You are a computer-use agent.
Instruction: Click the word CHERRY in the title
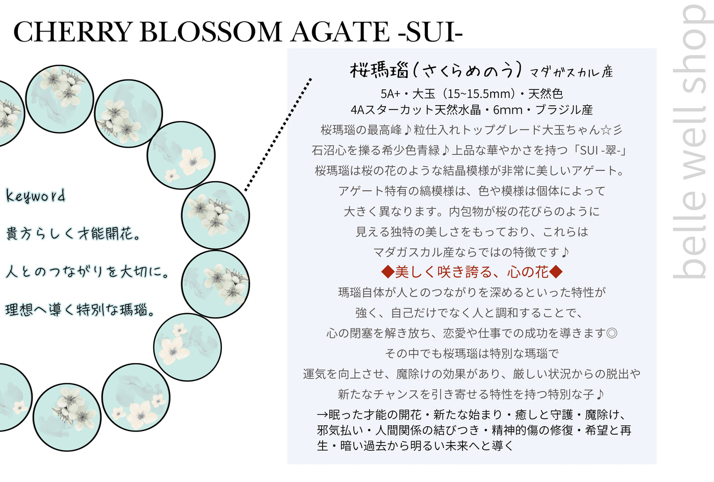pyautogui.click(x=73, y=32)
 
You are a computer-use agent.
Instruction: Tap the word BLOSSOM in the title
pyautogui.click(x=210, y=32)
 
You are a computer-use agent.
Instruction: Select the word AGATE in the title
pyautogui.click(x=339, y=32)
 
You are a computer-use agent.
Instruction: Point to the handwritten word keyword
pyautogui.click(x=36, y=196)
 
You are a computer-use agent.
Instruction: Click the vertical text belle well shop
pyautogui.click(x=692, y=142)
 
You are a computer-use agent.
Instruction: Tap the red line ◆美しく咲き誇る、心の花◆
pyautogui.click(x=472, y=272)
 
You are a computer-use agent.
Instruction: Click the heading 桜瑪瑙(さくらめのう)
pyautogui.click(x=436, y=70)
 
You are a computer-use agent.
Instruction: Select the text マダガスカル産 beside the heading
pyautogui.click(x=571, y=72)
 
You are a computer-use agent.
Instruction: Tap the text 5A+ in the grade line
pyautogui.click(x=390, y=94)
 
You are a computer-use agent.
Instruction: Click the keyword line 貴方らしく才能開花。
pyautogui.click(x=73, y=234)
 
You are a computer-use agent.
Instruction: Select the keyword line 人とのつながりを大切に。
pyautogui.click(x=86, y=272)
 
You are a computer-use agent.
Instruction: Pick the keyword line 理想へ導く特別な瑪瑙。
pyautogui.click(x=80, y=309)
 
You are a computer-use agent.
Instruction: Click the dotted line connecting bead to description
pyautogui.click(x=278, y=134)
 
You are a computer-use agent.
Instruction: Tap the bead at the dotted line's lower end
pyautogui.click(x=215, y=215)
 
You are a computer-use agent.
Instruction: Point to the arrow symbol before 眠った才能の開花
pyautogui.click(x=323, y=415)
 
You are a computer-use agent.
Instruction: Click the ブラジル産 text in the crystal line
pyautogui.click(x=564, y=110)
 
